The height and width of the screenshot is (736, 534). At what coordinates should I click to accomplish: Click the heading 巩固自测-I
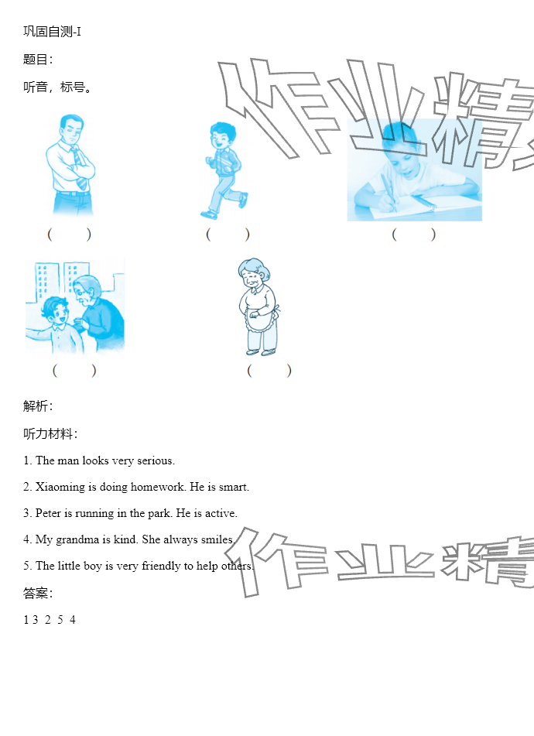pyautogui.click(x=52, y=32)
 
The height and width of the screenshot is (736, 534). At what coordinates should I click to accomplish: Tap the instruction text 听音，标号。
pyautogui.click(x=57, y=87)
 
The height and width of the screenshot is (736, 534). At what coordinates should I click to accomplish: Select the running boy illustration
pyautogui.click(x=224, y=171)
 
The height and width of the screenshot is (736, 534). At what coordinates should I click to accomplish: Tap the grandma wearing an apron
pyautogui.click(x=258, y=306)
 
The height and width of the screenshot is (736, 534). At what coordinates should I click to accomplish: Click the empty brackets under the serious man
pyautogui.click(x=69, y=234)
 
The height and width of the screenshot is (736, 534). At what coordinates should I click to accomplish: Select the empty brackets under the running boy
pyautogui.click(x=228, y=234)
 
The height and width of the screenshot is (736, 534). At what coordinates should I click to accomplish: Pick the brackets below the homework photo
pyautogui.click(x=414, y=234)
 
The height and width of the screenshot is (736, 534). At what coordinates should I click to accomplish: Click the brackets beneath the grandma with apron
pyautogui.click(x=269, y=371)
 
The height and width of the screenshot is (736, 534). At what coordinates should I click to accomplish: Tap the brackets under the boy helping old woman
pyautogui.click(x=74, y=371)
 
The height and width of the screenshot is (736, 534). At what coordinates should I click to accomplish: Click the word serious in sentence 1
pyautogui.click(x=156, y=461)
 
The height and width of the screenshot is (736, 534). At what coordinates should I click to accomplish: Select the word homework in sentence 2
pyautogui.click(x=158, y=487)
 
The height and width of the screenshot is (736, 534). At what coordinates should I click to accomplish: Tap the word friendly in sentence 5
pyautogui.click(x=161, y=566)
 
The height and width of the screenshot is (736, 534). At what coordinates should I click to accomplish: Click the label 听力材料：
pyautogui.click(x=50, y=433)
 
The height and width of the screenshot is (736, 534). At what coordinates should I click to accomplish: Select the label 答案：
pyautogui.click(x=39, y=594)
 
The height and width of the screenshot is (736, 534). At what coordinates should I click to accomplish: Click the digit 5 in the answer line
pyautogui.click(x=60, y=620)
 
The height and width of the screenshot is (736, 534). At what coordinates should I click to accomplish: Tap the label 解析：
pyautogui.click(x=39, y=406)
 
